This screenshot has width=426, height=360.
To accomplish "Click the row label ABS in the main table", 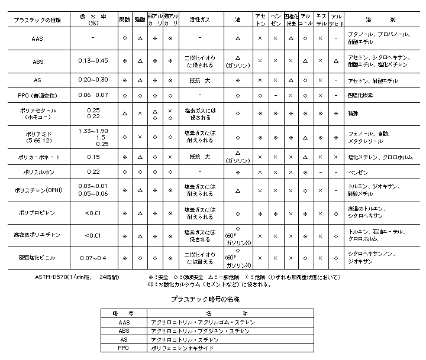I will [x=38, y=61].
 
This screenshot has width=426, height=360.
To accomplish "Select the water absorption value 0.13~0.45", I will [x=93, y=61].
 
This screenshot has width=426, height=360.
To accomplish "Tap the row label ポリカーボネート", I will [x=37, y=157].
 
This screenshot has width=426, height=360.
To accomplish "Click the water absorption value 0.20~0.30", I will [x=93, y=80].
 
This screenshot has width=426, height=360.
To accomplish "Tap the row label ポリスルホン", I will [x=37, y=172].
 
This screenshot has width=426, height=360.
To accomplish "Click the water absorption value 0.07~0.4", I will [x=93, y=258].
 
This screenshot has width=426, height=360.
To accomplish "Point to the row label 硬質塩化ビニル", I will [x=37, y=258].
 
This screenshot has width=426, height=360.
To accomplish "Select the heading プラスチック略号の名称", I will [x=204, y=300].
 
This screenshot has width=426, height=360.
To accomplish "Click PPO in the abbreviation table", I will [x=123, y=348].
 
